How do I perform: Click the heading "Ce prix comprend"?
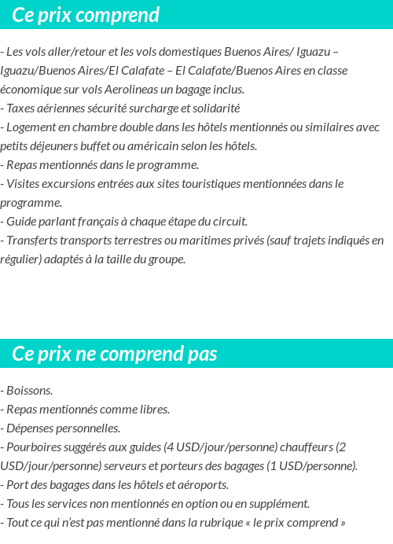click(86, 15)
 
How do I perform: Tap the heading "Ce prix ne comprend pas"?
click(114, 354)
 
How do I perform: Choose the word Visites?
click(24, 184)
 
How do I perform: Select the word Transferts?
click(32, 241)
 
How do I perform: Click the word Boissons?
click(29, 391)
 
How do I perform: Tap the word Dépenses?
click(31, 428)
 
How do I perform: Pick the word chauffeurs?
click(307, 447)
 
